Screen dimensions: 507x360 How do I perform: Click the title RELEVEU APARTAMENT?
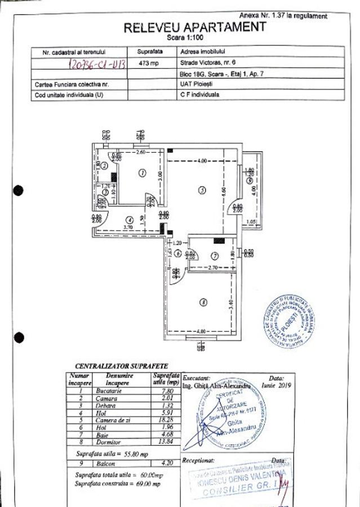[x=194, y=26]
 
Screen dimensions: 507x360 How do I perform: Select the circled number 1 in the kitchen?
[x=142, y=173]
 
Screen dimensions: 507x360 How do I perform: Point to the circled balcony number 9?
[x=249, y=182]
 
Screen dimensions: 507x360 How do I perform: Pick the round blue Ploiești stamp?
[x=289, y=321]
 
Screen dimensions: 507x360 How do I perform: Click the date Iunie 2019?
[x=275, y=386]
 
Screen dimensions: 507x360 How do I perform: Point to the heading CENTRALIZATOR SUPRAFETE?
[x=121, y=366]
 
